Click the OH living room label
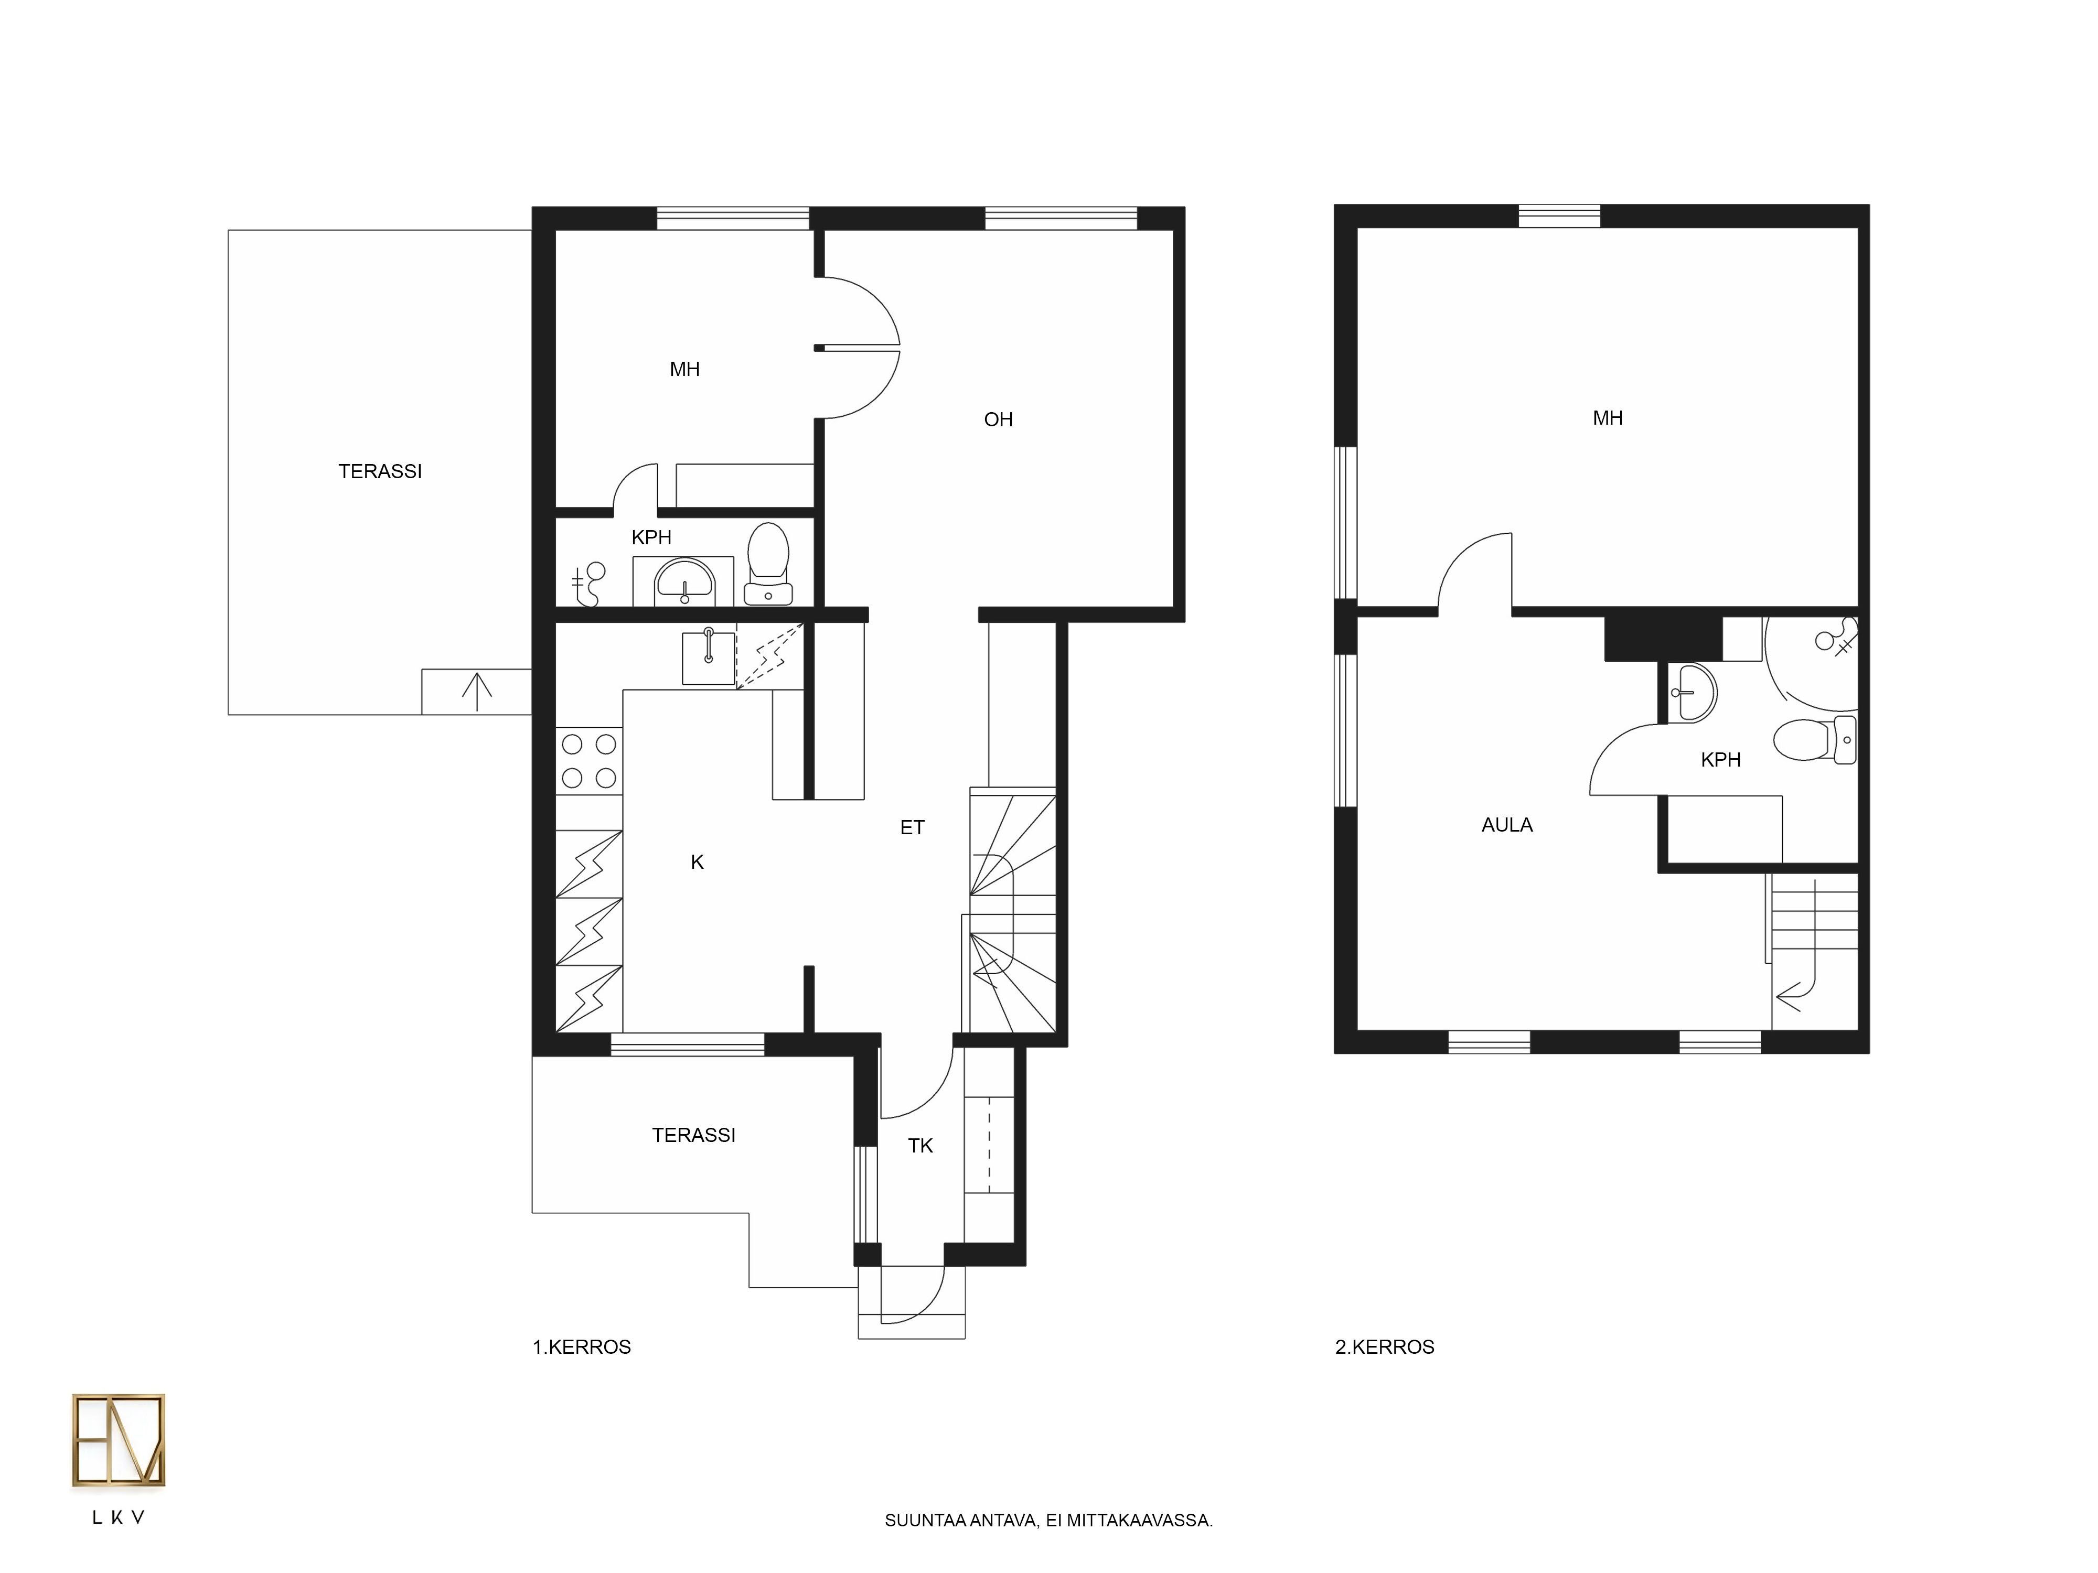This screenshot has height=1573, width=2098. coord(998,419)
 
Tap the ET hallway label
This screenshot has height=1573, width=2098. coord(912,828)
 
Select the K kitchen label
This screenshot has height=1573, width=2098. coord(697,862)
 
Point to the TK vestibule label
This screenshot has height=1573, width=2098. coord(920,1145)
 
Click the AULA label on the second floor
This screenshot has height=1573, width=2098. coord(1507,825)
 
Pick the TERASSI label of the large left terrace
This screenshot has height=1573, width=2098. coord(380,471)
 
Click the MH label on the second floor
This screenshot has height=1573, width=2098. coord(1608,418)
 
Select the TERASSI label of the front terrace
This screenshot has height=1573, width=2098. coord(693,1135)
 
